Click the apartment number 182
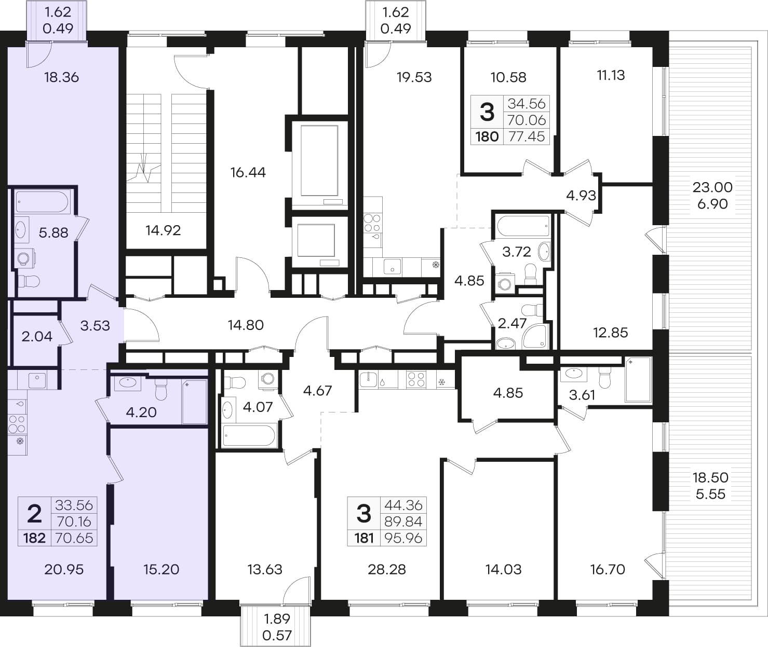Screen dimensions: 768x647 (35, 538)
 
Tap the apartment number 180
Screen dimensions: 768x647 (487, 137)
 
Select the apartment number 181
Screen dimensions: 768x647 (364, 538)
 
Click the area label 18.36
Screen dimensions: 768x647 (61, 77)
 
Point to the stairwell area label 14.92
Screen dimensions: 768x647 (163, 230)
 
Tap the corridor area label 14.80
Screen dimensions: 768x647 (246, 325)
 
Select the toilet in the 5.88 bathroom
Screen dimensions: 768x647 (29, 282)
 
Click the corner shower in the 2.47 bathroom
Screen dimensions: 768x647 (535, 336)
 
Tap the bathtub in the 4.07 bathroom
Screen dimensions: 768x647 (250, 436)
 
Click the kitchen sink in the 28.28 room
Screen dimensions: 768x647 (368, 379)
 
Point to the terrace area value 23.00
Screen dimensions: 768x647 (712, 187)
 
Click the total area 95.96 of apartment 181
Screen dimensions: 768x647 (403, 538)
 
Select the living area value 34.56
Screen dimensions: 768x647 (527, 104)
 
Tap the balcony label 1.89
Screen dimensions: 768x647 (277, 618)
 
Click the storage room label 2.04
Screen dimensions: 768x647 (37, 336)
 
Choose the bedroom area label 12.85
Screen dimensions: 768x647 (610, 333)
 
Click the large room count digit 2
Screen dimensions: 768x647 (34, 514)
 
